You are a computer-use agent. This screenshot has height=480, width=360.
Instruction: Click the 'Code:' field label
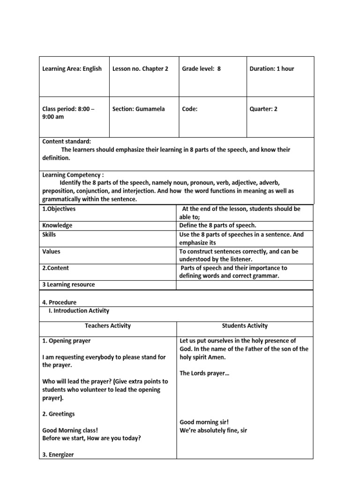tap(190, 109)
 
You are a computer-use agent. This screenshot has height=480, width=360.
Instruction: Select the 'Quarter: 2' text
tap(263, 109)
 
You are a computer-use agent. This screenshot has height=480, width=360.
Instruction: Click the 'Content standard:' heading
tap(67, 142)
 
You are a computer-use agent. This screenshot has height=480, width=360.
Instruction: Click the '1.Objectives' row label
tap(59, 209)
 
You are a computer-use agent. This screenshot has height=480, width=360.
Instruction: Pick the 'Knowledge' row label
tap(57, 225)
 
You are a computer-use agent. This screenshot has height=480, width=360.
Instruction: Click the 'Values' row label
tap(51, 252)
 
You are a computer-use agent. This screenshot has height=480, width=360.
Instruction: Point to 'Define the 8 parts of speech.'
tap(217, 225)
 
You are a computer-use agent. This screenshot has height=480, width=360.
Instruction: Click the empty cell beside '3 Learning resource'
tap(244, 285)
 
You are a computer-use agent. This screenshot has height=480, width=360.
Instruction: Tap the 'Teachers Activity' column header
tap(108, 326)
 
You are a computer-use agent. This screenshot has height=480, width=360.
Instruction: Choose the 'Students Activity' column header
tap(244, 326)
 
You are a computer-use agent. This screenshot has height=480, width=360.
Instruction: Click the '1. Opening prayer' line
tap(67, 341)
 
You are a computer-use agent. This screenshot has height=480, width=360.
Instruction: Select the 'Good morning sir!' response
tap(202, 422)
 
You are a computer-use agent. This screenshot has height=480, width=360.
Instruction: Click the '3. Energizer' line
tap(58, 455)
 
